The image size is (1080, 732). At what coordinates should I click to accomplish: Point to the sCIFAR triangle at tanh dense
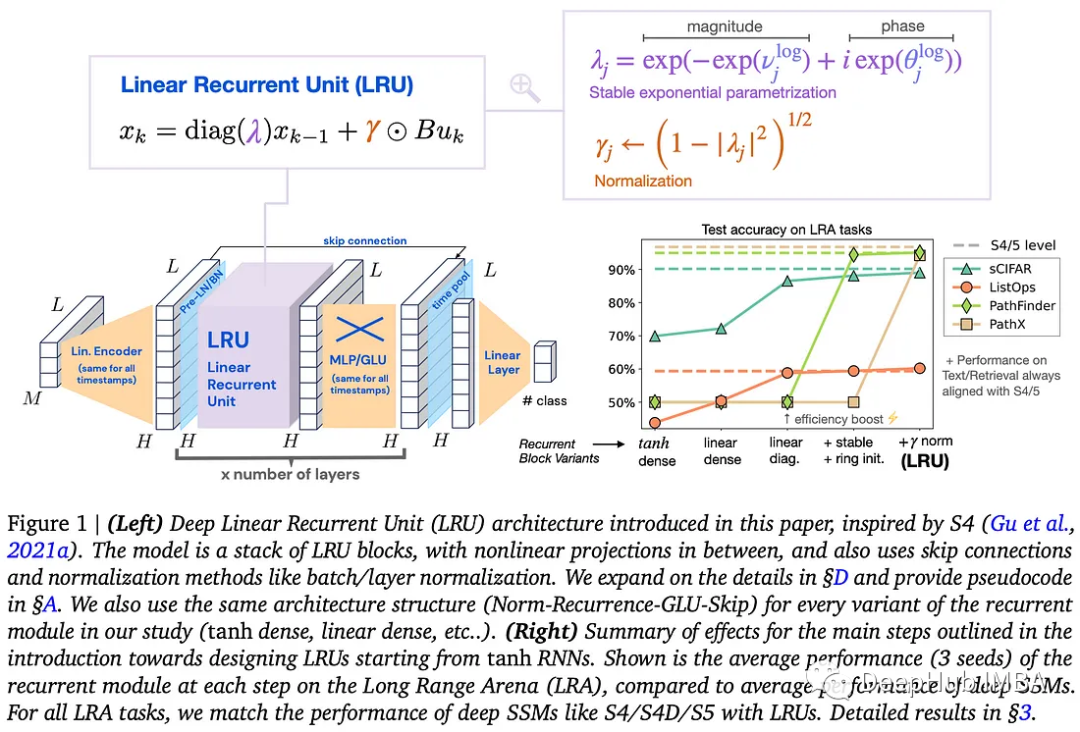(x=655, y=336)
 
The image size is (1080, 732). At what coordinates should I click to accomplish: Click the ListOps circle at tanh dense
(x=655, y=422)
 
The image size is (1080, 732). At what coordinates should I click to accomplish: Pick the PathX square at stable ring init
(x=854, y=402)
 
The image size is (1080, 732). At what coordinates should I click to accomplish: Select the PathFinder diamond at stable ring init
(x=854, y=255)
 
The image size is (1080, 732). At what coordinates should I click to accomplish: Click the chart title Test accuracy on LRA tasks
(x=787, y=229)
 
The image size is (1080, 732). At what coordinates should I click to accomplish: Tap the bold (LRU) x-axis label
(x=925, y=461)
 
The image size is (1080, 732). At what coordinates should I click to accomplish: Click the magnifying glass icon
(x=524, y=87)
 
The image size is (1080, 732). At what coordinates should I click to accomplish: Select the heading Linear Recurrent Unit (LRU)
(x=266, y=84)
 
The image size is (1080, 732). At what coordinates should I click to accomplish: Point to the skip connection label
(x=364, y=240)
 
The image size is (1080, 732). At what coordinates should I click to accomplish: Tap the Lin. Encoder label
(x=106, y=351)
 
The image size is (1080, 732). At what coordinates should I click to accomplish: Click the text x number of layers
(x=289, y=473)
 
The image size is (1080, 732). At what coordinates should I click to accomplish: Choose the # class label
(x=544, y=401)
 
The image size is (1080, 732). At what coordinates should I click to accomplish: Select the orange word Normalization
(x=643, y=181)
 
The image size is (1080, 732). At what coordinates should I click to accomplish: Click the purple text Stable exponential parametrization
(x=712, y=93)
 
